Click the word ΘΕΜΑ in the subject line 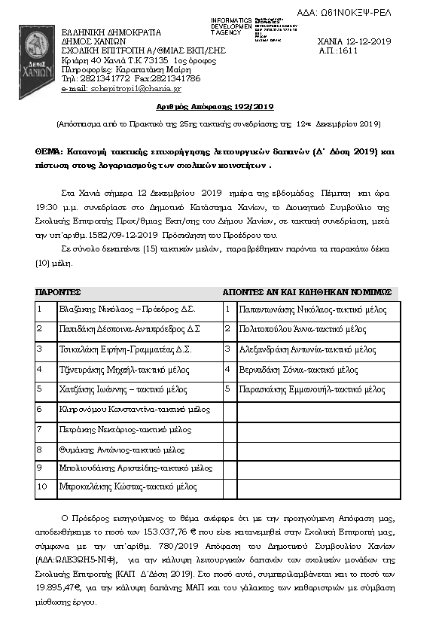tap(49, 151)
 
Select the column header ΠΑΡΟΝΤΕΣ tap(58, 291)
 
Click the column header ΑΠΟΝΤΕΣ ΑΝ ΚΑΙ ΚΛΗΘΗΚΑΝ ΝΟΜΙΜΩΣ tap(307, 291)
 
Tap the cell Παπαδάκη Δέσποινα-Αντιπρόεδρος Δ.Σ tap(130, 329)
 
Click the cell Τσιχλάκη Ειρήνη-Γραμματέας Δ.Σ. tap(125, 349)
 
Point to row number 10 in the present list tap(42, 486)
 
